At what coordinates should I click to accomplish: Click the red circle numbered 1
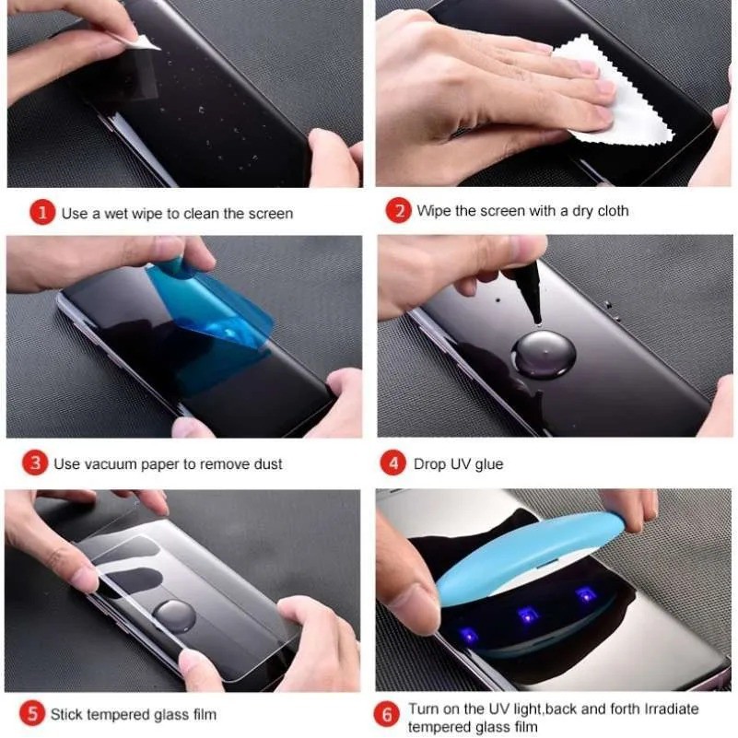coord(42,214)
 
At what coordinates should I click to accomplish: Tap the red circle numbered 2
coord(398,211)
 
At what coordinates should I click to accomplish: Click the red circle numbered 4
coord(393,463)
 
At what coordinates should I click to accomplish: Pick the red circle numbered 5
coord(32,713)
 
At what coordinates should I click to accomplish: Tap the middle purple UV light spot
coord(528,612)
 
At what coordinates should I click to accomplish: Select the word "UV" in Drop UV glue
coord(460,464)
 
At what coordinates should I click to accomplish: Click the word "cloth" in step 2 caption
coord(609,211)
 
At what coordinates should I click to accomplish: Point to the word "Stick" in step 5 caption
coord(67,714)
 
